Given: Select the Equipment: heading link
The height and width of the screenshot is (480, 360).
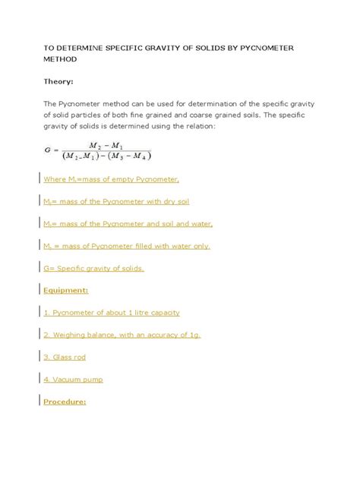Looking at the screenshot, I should click(x=66, y=289).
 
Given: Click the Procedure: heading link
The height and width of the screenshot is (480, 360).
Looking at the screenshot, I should click(x=65, y=402).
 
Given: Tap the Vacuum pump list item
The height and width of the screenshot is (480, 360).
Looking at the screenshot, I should click(x=73, y=379).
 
